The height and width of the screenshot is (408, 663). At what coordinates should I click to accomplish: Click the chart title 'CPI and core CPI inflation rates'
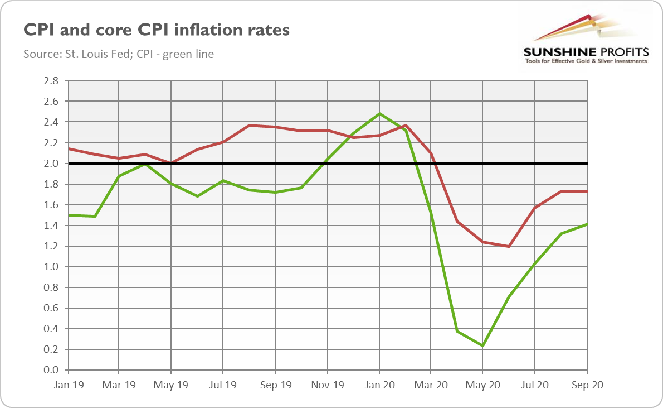click(x=156, y=29)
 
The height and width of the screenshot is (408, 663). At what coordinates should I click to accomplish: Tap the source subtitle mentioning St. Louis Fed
click(x=119, y=54)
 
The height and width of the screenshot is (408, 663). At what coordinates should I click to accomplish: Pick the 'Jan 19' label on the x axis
click(x=67, y=385)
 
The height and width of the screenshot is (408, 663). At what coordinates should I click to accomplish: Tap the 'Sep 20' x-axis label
click(x=587, y=385)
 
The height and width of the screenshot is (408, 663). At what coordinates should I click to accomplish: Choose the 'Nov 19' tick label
click(x=327, y=385)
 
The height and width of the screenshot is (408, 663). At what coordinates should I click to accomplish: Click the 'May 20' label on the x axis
click(x=483, y=385)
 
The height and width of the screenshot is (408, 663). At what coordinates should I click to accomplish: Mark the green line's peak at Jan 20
click(x=379, y=114)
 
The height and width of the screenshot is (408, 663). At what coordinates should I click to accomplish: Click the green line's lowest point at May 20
click(x=482, y=346)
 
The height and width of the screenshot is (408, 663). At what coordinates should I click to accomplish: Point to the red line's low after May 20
click(x=509, y=246)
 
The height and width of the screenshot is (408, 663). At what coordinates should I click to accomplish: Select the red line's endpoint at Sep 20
click(x=587, y=191)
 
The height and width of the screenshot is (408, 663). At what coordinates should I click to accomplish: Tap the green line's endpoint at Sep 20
click(x=587, y=224)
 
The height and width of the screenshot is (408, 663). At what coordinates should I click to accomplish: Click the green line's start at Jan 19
click(x=67, y=215)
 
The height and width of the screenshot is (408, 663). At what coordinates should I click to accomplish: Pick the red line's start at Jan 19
click(x=67, y=148)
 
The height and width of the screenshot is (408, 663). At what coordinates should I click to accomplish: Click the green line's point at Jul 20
click(x=535, y=263)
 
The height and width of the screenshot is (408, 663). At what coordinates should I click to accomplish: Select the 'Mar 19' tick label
click(x=119, y=385)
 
